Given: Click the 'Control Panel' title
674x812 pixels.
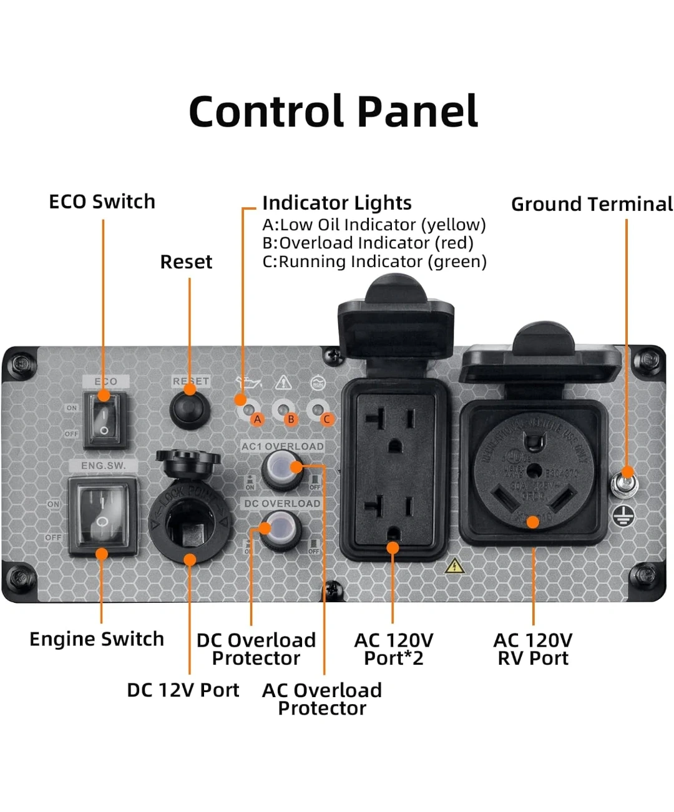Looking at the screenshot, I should coord(333,112).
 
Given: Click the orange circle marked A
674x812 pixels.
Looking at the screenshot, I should coord(257,419).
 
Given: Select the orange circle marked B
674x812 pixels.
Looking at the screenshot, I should coord(290,419).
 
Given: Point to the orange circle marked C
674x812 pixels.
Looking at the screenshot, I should coord(326,419).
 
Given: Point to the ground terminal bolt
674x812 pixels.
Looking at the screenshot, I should coord(624,484).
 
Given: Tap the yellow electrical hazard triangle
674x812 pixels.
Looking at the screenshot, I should coord(454,565).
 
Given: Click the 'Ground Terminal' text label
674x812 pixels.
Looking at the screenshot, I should coord(592,204).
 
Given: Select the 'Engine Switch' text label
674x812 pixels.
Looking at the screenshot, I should coord(97,639).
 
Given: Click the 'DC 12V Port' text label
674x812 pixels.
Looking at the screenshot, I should coord(183,690).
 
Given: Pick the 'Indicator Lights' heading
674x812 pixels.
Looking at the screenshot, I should coord(336,203).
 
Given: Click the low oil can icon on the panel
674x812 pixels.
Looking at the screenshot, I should coord(248,383).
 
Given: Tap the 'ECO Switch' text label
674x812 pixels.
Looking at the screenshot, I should coord(102,202).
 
